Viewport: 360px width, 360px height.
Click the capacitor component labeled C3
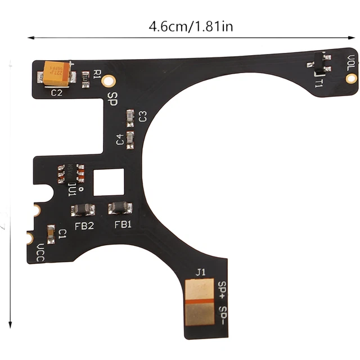130,117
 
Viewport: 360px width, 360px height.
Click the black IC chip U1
71,173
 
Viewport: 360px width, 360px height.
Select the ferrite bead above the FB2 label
83,209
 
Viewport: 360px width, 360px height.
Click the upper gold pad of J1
199,290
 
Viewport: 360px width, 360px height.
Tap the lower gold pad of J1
199,315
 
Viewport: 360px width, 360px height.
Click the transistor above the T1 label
319,63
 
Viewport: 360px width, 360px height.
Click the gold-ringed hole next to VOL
351,78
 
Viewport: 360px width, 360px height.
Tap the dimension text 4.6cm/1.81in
191,26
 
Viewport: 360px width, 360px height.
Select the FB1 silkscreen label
123,224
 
